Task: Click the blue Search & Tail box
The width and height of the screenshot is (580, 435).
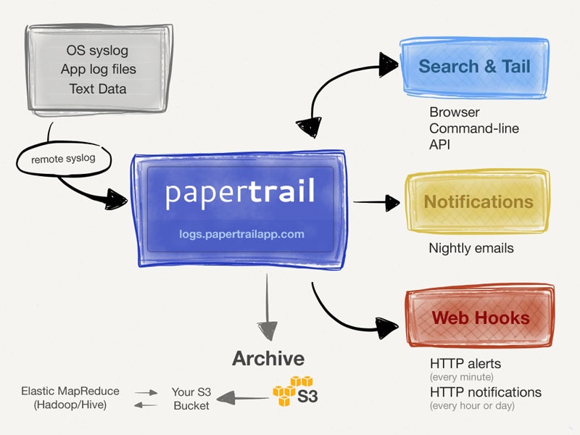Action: (x=474, y=67)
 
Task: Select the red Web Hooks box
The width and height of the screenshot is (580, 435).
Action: (x=480, y=318)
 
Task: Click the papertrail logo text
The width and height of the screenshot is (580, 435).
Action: (x=240, y=192)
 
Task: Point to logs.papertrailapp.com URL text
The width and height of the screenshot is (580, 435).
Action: (x=242, y=234)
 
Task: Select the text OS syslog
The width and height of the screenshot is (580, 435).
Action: (x=98, y=51)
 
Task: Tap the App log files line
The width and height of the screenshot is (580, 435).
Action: (x=98, y=70)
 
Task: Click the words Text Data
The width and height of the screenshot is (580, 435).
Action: (x=98, y=89)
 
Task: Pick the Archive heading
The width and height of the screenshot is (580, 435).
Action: (x=268, y=358)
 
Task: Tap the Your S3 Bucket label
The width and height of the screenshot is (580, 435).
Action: (x=191, y=398)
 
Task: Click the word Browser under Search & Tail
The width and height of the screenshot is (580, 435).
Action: (x=455, y=112)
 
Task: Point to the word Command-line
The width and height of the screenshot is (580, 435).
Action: (x=474, y=128)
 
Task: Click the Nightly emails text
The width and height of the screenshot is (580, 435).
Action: (x=471, y=248)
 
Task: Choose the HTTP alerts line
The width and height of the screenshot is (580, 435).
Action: (x=465, y=363)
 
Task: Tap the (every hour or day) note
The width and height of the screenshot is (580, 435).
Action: (x=472, y=405)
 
